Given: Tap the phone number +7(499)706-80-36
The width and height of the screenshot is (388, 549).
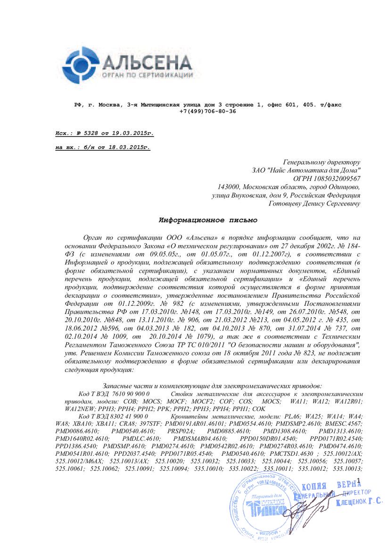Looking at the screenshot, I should click(207, 111).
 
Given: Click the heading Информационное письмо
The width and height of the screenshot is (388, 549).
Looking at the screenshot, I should click(208, 220).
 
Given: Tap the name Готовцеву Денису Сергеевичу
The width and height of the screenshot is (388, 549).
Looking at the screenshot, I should click(314, 204).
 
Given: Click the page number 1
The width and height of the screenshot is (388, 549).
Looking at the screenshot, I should click(358, 480).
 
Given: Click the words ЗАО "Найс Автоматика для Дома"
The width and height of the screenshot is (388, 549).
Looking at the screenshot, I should click(307, 170).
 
